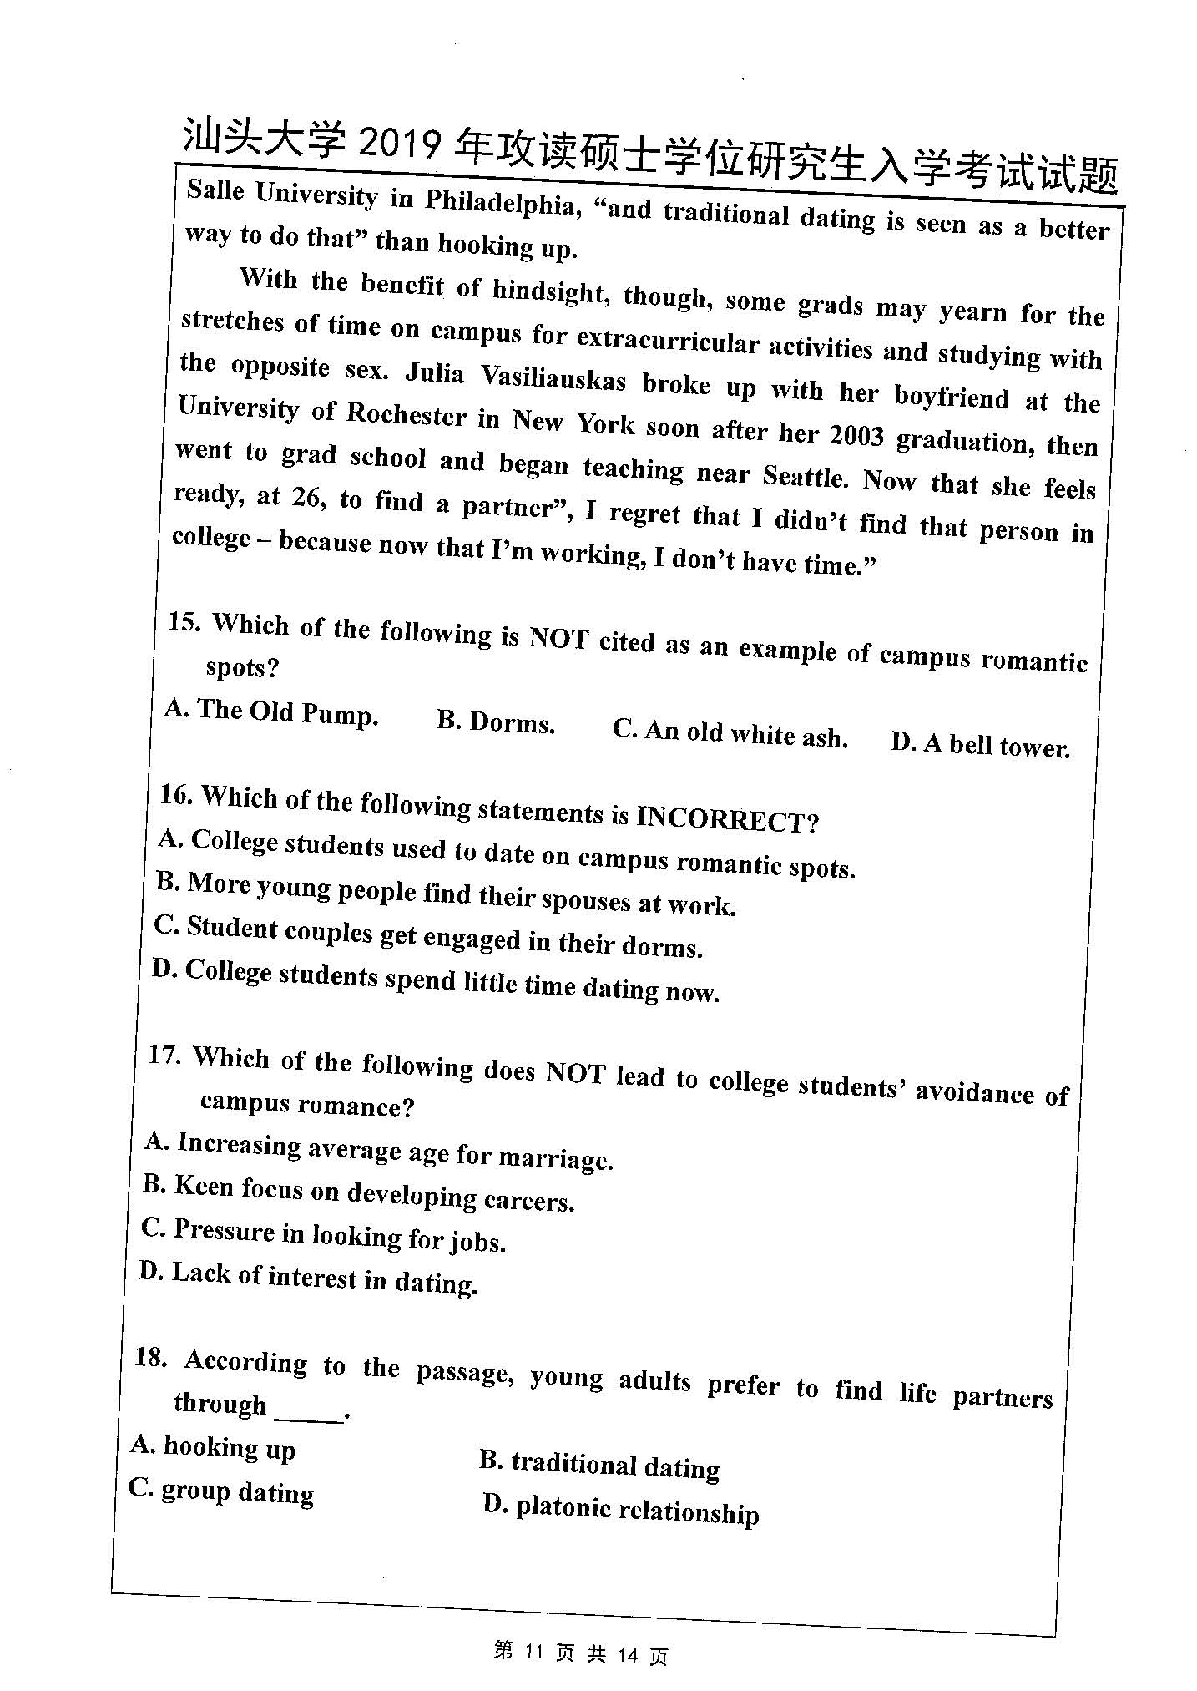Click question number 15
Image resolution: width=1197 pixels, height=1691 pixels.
pos(183,621)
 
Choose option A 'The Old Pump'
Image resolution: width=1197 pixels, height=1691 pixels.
pos(272,711)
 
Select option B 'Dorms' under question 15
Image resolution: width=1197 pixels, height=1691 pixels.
pos(496,722)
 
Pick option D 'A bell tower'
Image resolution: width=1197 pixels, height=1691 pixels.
pos(980,744)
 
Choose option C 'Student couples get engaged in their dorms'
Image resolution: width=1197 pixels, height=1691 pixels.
pos(428,936)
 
